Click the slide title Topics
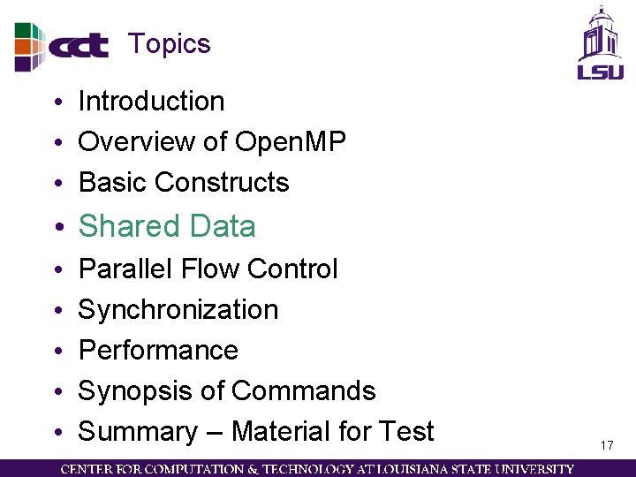point(169,43)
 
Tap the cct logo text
point(78,45)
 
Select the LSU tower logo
point(600,43)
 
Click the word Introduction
point(151,102)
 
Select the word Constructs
point(222,182)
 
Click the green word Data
point(223,226)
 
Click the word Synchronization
point(178,309)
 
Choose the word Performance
point(158,350)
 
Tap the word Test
point(405,431)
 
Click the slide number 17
point(606,445)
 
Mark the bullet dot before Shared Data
point(57,228)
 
